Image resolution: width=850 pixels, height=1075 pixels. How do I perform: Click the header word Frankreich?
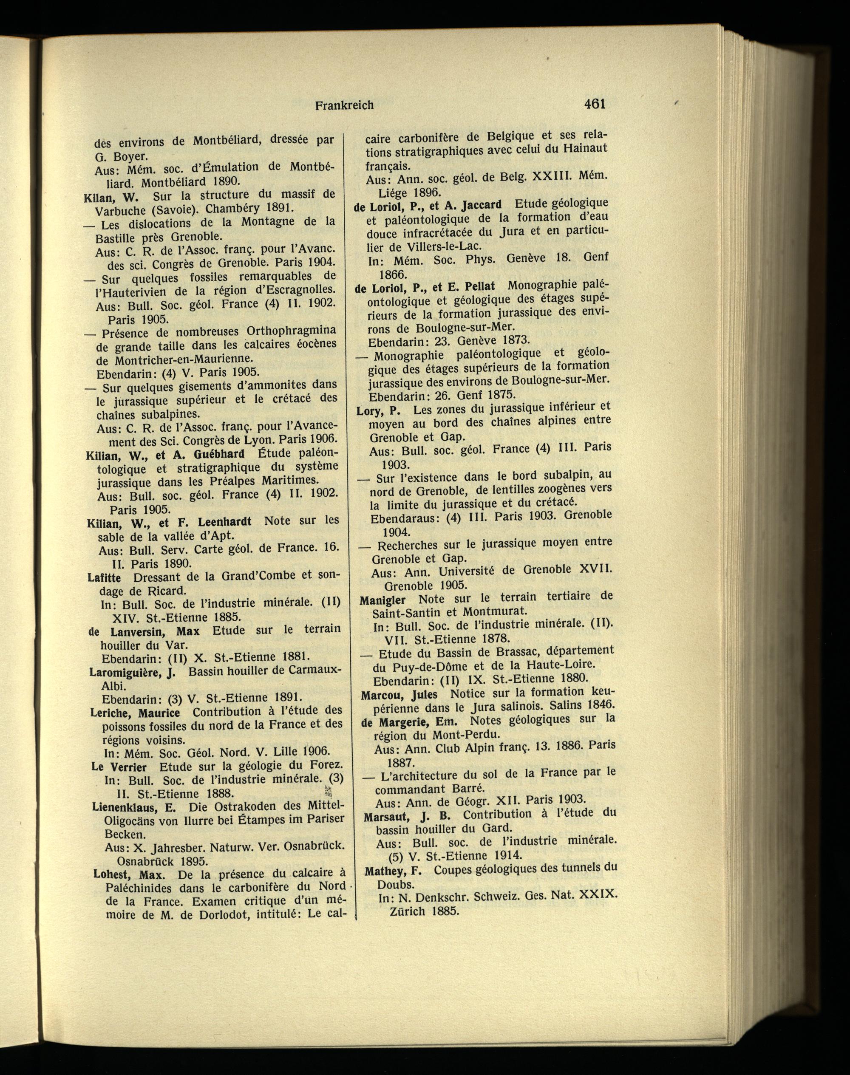click(x=344, y=105)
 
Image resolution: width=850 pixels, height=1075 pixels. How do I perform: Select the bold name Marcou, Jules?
click(x=399, y=694)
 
